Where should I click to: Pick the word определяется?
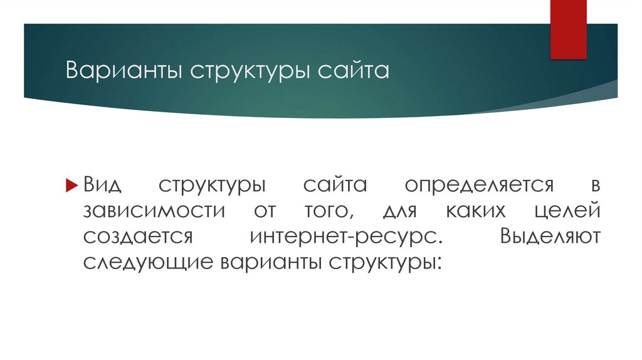479,186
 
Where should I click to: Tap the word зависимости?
153,211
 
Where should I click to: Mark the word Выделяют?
552,236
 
